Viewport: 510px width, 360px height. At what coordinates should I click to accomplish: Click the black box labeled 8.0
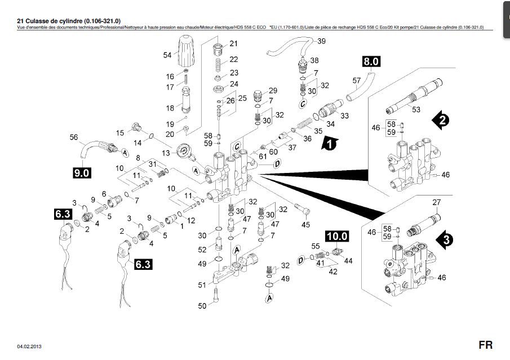pos(372,61)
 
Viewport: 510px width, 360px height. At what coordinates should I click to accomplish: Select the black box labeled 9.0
pos(82,173)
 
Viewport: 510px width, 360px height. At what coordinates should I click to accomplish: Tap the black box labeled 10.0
pos(336,236)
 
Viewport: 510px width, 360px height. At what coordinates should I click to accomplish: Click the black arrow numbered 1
pos(329,144)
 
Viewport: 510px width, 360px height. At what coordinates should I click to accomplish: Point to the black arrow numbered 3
pos(445,239)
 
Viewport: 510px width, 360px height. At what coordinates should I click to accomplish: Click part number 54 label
pos(167,55)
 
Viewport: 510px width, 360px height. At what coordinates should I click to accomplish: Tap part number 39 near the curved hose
pos(321,41)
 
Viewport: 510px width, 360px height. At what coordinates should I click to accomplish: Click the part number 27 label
pos(436,202)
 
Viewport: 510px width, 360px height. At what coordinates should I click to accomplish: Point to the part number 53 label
pos(416,109)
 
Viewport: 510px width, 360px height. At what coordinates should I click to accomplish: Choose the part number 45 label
pos(305,225)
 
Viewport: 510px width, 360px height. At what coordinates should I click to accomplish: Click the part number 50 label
pos(202,306)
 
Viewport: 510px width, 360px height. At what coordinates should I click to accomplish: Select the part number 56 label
pos(73,137)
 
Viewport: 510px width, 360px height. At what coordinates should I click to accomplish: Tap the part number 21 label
pos(233,43)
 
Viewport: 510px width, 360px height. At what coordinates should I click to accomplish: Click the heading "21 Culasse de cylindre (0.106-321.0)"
pos(69,20)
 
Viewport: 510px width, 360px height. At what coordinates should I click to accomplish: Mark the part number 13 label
pos(165,153)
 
